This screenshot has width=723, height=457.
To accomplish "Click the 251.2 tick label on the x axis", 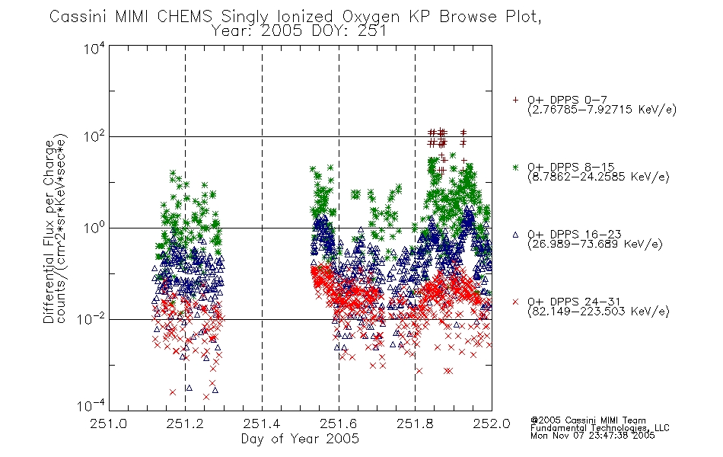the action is [x=186, y=423].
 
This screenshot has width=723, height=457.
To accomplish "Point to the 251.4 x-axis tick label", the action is [x=262, y=423].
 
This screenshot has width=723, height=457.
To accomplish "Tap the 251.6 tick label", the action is [x=339, y=423].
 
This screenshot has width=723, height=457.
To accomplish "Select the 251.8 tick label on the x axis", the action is [x=415, y=423].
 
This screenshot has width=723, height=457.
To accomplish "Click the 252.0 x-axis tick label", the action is [x=492, y=423].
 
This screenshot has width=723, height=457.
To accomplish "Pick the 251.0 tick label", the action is [x=109, y=423].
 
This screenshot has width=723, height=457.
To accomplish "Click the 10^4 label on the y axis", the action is [x=94, y=49].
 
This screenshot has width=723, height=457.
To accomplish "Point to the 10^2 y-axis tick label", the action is [x=94, y=136].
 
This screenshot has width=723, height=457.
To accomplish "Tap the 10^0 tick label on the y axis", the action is [x=94, y=228].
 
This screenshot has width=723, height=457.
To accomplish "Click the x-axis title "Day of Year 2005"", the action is [x=300, y=439].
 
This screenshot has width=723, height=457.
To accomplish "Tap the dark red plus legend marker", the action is [x=515, y=100].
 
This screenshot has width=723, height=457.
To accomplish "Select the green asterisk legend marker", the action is [x=515, y=167].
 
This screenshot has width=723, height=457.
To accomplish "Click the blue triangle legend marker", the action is [x=515, y=235].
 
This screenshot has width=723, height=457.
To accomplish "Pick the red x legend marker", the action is [x=515, y=302].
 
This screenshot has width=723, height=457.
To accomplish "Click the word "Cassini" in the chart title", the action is [x=78, y=17].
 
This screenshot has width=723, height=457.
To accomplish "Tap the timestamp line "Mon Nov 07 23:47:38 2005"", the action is [x=593, y=436].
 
